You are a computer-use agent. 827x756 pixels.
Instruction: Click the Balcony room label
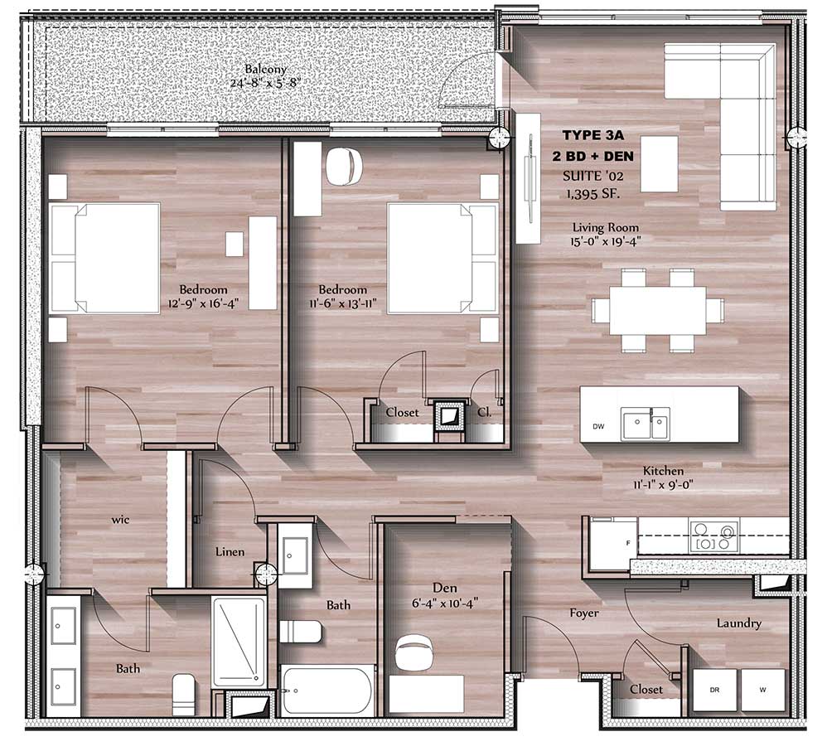(x=266, y=69)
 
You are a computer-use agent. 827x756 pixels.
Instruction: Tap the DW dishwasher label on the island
(x=598, y=426)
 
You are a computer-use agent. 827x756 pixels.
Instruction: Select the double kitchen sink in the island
(x=645, y=424)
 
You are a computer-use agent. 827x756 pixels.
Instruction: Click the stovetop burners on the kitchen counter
(x=713, y=535)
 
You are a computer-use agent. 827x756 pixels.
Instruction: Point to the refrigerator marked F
(x=614, y=544)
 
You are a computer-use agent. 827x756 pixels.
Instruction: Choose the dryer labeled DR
(x=714, y=690)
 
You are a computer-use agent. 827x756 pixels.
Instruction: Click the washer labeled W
(x=763, y=690)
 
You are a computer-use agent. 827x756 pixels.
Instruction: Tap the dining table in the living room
(x=658, y=310)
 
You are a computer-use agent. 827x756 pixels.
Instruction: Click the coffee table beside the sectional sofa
(x=660, y=163)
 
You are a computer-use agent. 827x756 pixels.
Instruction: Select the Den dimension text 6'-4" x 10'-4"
(x=445, y=603)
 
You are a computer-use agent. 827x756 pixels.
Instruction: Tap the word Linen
(x=230, y=552)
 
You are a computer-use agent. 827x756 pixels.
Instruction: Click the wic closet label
(x=120, y=520)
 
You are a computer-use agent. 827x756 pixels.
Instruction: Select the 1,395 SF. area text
(x=592, y=194)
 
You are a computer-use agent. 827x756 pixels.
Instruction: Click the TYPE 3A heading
(x=592, y=135)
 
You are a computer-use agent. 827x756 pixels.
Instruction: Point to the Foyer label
(x=584, y=613)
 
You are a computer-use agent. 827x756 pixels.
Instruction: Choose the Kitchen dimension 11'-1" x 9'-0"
(x=663, y=484)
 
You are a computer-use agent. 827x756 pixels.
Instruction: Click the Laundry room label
(x=739, y=623)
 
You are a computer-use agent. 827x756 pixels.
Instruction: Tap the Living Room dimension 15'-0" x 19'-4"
(x=606, y=241)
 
